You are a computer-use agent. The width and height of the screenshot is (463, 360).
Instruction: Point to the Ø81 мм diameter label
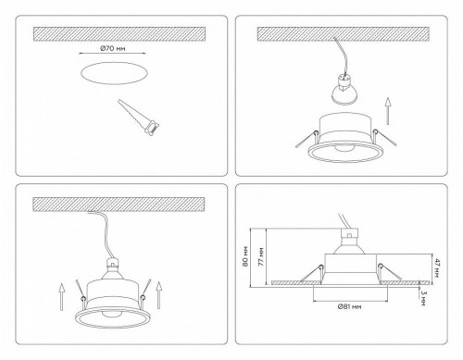[x=347, y=305]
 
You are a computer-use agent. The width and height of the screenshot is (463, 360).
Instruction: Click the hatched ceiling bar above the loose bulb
[x=347, y=33]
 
